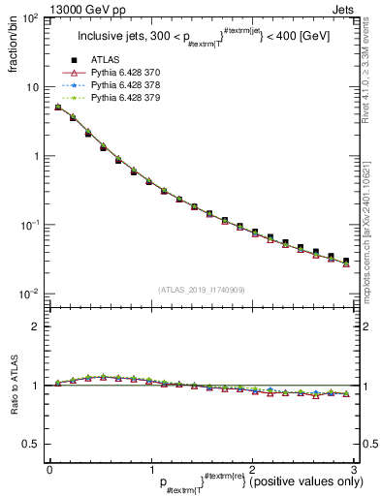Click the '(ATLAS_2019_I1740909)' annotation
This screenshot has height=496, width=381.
(x=200, y=290)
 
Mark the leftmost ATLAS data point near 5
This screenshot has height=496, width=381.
(x=58, y=108)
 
